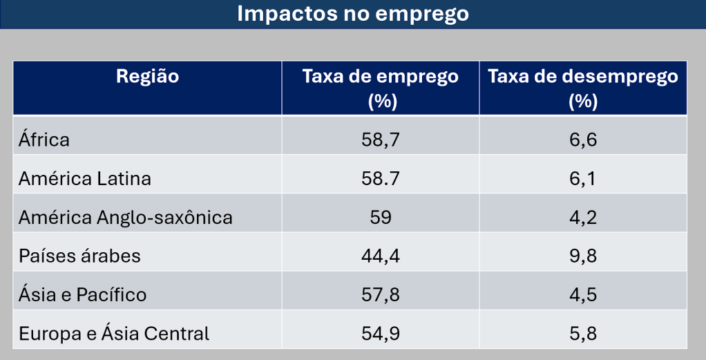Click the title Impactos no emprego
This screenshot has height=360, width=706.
point(352,14)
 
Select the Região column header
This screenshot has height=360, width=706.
point(147,77)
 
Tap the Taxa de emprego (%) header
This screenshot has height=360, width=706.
point(381,88)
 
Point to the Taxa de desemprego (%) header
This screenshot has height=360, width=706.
point(583,88)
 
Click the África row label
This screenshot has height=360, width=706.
point(44,140)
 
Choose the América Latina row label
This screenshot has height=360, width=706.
point(85,178)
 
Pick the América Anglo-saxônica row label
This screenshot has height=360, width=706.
point(126,218)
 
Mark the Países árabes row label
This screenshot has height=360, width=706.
point(80,256)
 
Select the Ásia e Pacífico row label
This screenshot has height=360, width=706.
point(83,295)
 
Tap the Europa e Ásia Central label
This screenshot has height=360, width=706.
point(114,334)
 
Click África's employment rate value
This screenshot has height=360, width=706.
point(381,140)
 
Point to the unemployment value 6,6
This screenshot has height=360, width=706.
point(583,140)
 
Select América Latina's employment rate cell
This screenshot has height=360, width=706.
point(381,178)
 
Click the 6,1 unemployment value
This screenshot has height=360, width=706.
point(583,178)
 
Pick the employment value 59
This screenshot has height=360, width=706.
point(381,218)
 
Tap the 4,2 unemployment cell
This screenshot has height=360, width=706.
point(583,218)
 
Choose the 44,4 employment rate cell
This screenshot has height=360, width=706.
point(381,256)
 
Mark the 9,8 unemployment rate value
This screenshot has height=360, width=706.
point(583,256)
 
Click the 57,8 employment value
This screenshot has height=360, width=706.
point(381,295)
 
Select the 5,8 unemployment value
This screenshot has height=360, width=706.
point(583,334)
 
